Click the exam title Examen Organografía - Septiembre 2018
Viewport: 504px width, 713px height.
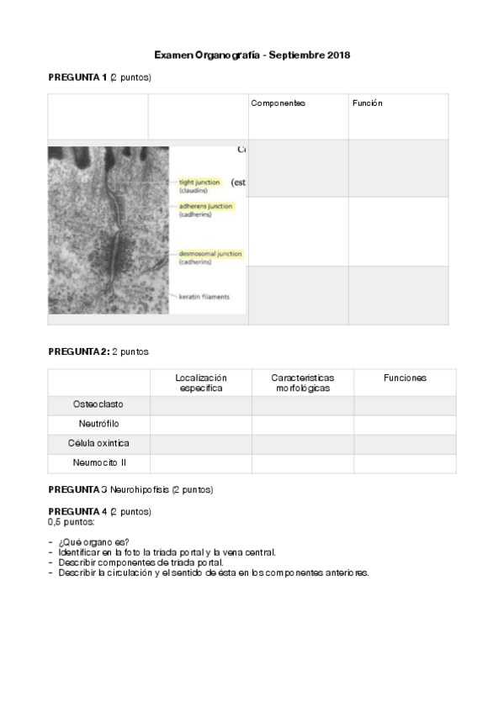pos(252,55)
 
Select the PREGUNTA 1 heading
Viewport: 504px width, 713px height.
pos(77,77)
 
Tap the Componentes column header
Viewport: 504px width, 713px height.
pos(278,103)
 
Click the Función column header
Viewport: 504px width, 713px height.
pos(368,103)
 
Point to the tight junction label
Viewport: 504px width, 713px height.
pos(199,182)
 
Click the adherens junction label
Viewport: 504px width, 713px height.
pos(205,206)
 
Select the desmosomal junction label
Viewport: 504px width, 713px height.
pos(210,254)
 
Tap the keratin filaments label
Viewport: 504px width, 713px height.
pos(204,297)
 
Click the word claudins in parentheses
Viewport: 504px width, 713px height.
pos(194,191)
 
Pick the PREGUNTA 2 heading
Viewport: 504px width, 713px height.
pos(79,351)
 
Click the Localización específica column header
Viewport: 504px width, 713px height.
pos(201,383)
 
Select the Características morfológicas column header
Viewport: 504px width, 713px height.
pos(303,383)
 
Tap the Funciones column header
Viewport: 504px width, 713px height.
pos(405,378)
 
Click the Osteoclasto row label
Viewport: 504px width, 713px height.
pos(98,405)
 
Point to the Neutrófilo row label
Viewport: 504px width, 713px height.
pos(98,425)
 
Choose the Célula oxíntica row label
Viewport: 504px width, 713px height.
pos(98,443)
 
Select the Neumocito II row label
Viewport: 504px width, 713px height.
pos(98,462)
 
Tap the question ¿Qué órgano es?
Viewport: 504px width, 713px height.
pos(94,542)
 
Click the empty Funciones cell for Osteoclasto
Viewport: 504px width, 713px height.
pos(405,405)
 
